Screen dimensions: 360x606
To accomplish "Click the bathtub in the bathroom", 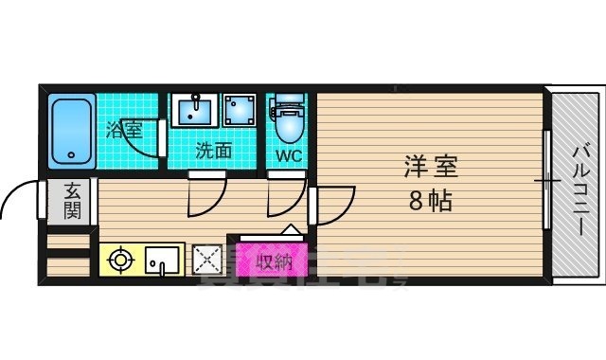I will [69, 128].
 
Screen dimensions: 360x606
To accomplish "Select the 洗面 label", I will [214, 150].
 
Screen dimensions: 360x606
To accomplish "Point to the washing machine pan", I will [241, 110].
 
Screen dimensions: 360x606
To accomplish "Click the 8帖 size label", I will [430, 201].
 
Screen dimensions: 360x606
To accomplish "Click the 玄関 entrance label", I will [72, 200].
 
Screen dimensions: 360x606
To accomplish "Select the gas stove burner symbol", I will [121, 259].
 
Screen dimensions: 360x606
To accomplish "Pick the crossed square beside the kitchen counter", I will [205, 259].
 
